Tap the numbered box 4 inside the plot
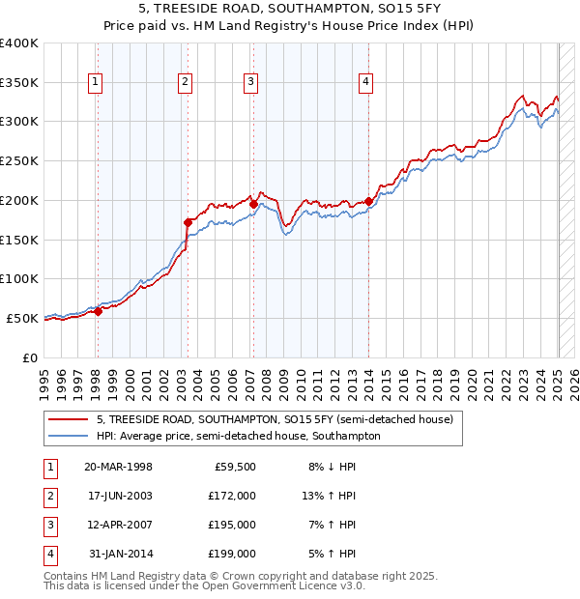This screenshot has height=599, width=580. point(366,83)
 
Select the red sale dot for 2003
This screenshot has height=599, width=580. point(188,222)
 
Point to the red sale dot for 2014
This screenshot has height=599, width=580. point(369,201)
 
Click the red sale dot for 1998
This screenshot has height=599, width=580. point(98,310)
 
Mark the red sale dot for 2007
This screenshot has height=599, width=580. point(252,204)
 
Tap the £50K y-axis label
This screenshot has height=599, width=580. point(23,318)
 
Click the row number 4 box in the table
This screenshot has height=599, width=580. point(49,554)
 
